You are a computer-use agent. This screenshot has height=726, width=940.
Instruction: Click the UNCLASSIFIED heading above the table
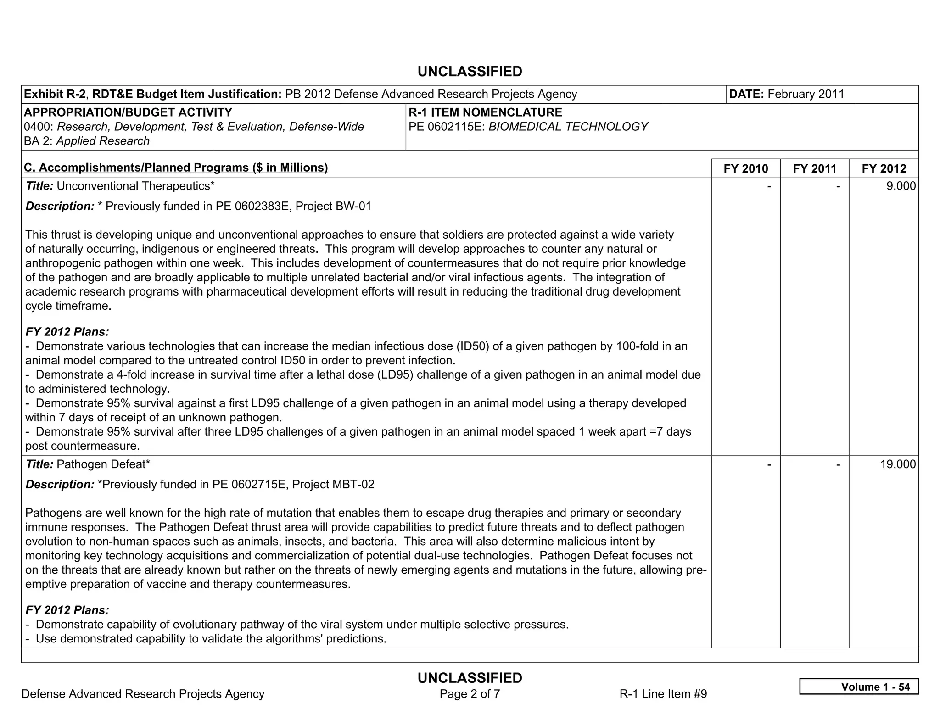click(470, 72)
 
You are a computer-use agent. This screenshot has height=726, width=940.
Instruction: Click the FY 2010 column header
click(745, 168)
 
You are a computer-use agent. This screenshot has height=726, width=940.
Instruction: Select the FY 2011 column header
click(814, 168)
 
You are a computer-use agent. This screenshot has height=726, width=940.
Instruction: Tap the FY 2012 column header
click(884, 168)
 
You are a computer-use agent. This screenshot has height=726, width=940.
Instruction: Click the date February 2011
click(806, 94)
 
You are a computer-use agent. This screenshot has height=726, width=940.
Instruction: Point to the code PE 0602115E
click(446, 127)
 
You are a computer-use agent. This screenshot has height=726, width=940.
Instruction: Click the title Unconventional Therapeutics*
click(135, 186)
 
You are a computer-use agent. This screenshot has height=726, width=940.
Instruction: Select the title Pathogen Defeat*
click(103, 464)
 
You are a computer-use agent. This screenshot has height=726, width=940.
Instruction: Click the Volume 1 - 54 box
click(858, 687)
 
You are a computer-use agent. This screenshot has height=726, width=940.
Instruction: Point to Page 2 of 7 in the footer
click(470, 693)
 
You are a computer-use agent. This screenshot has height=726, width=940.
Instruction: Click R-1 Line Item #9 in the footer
click(663, 693)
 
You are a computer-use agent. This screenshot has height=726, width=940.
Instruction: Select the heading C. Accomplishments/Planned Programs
click(176, 168)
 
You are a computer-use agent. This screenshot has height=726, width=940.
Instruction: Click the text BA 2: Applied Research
click(87, 141)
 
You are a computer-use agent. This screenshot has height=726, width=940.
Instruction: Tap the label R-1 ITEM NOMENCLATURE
click(485, 112)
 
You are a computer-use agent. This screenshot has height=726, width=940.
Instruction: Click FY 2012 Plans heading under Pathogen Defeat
click(67, 610)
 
